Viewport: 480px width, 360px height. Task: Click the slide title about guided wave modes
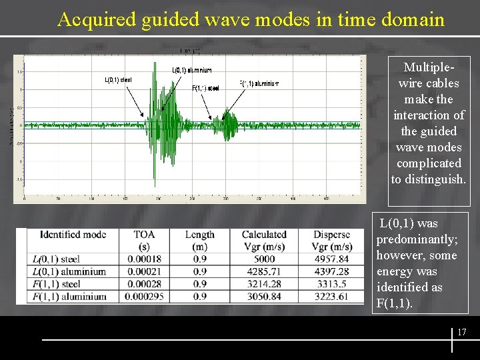tap(251, 19)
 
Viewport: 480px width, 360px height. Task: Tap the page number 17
tap(461, 332)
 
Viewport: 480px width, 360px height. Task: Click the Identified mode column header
tap(73, 235)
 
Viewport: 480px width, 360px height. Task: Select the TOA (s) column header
tap(144, 240)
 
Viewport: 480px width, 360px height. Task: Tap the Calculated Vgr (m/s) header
tap(263, 240)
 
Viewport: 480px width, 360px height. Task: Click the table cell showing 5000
tap(263, 259)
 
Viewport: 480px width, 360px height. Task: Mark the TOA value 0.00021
tap(144, 272)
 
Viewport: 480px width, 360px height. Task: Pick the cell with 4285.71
tap(263, 272)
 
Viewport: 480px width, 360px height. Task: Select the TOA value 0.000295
tap(144, 297)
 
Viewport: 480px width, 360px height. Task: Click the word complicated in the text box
tap(428, 163)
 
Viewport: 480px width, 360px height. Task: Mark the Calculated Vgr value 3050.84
tap(263, 297)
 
